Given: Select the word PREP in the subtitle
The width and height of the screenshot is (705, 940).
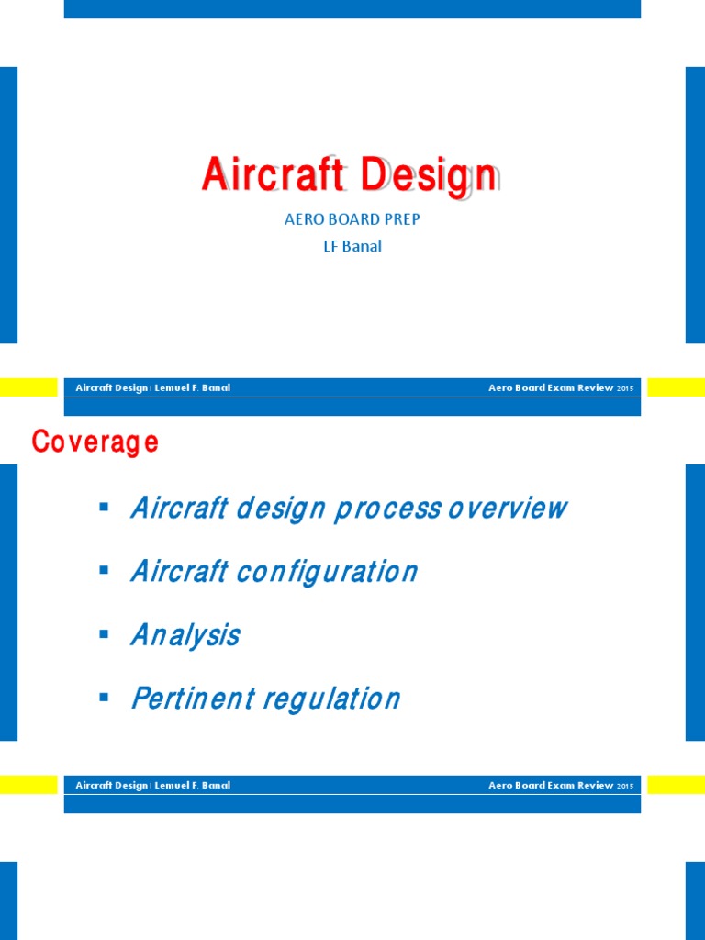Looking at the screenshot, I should click(x=400, y=220).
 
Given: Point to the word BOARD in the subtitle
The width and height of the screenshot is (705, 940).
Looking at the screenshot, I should click(x=352, y=220).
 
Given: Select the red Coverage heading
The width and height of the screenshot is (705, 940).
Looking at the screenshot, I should click(x=95, y=442).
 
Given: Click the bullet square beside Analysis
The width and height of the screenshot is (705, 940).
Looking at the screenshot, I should click(x=103, y=633).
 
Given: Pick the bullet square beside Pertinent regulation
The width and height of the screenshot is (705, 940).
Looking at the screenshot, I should click(x=103, y=697).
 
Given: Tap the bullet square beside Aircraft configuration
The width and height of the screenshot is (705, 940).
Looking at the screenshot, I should click(x=103, y=570).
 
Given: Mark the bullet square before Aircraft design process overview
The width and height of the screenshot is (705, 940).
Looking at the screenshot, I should click(x=103, y=507).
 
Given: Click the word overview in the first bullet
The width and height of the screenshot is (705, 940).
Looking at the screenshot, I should click(x=508, y=508).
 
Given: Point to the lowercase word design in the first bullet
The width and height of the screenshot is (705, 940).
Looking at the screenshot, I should click(x=280, y=508).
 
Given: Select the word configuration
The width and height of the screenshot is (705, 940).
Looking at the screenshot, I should click(x=327, y=572).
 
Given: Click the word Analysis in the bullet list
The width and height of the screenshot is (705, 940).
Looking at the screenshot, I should click(x=185, y=635).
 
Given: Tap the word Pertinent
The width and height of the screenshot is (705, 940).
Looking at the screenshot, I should click(x=192, y=699).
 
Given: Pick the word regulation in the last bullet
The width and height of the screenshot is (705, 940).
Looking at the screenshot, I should click(x=331, y=699).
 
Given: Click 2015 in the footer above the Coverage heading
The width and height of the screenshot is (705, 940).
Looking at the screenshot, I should click(x=625, y=388).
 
